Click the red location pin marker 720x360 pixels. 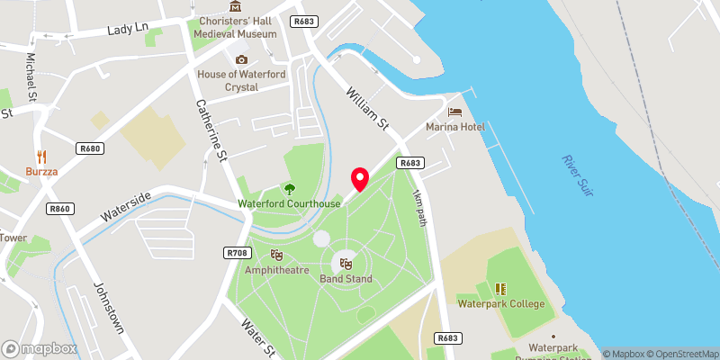(360, 178)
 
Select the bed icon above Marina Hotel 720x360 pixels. (456, 112)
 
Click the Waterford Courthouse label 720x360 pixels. (289, 203)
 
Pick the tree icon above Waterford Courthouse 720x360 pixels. (290, 189)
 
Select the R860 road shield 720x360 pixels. (59, 209)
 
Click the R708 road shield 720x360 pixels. (238, 253)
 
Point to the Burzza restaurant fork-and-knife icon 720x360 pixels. (41, 155)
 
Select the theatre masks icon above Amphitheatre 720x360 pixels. (276, 256)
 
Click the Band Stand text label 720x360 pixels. (346, 279)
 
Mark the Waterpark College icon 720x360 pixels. (500, 289)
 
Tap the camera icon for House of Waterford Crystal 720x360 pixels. (240, 59)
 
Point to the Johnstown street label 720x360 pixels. (108, 309)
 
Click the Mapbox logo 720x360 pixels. (40, 348)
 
